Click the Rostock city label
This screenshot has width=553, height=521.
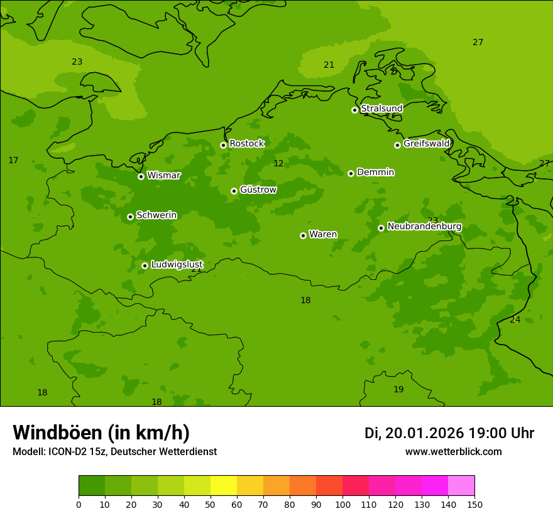click(246, 144)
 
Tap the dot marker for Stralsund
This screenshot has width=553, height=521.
click(354, 110)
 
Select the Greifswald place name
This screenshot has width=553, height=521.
click(426, 144)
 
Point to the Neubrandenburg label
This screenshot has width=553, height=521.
click(424, 227)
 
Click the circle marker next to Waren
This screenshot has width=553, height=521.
click(303, 235)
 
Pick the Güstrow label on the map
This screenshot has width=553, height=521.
click(258, 190)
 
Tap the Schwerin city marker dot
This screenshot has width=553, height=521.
click(130, 217)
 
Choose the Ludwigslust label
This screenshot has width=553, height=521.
click(177, 265)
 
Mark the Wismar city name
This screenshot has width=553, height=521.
click(163, 176)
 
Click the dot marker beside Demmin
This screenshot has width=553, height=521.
click(351, 173)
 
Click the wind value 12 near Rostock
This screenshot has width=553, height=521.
click(278, 164)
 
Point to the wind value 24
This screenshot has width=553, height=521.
click(515, 320)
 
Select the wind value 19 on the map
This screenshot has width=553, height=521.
click(398, 389)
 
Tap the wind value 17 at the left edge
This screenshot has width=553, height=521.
click(13, 161)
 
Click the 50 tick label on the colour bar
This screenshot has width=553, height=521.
click(211, 504)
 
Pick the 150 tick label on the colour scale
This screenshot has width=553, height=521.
click(474, 504)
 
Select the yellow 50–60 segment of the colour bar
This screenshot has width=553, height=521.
click(224, 485)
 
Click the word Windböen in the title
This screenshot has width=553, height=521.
click(58, 432)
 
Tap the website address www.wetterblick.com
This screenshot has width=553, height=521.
click(453, 451)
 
